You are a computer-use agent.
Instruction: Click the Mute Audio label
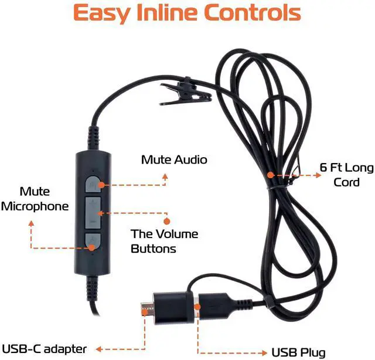click(174, 159)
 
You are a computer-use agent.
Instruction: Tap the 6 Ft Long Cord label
click(346, 175)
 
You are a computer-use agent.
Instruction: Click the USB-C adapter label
click(44, 349)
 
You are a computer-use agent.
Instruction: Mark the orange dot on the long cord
click(270, 174)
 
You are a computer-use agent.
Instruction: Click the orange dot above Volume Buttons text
click(166, 221)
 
